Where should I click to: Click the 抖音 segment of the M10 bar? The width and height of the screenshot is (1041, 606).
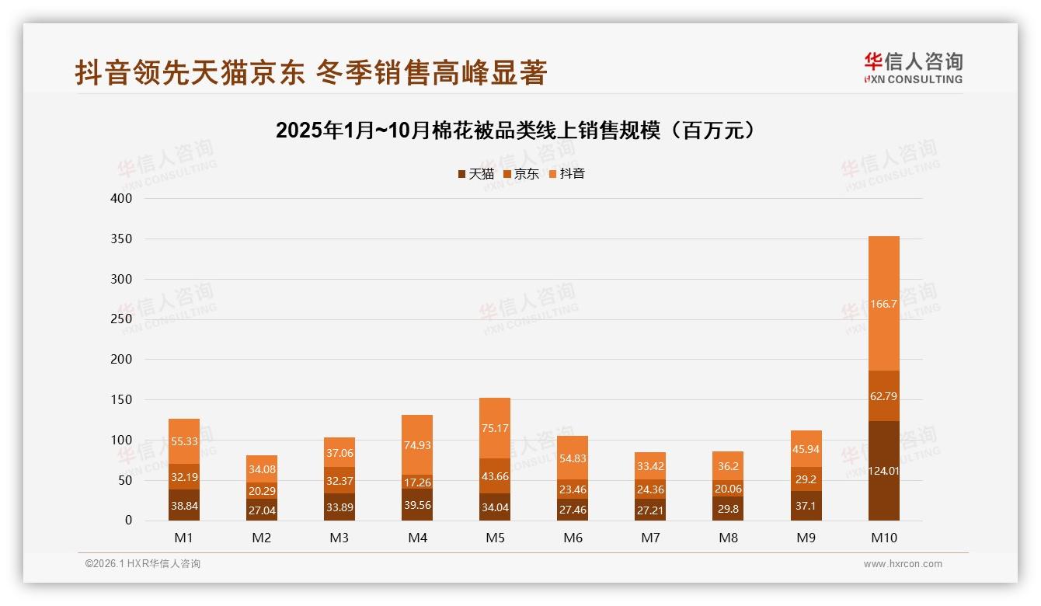coord(883,304)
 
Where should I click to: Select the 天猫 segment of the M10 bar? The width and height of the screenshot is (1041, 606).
coord(883,471)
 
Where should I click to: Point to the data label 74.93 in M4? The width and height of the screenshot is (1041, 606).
coord(417,445)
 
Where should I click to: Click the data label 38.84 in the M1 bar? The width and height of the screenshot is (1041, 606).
coord(184,505)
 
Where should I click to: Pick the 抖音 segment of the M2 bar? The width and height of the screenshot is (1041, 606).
coord(262,468)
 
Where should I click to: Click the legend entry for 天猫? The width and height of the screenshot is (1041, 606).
coord(475,174)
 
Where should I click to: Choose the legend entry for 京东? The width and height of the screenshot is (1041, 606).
coord(520,174)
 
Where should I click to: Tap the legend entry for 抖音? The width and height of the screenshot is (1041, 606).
coord(566,174)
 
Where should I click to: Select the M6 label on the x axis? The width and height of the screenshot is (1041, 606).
coord(573,538)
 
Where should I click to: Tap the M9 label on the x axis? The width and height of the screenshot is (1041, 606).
coord(806,538)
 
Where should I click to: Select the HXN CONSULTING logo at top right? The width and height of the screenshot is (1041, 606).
coord(913,68)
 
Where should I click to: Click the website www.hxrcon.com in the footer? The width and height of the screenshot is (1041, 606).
coord(902,564)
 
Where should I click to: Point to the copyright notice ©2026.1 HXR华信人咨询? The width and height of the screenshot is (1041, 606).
coord(143,564)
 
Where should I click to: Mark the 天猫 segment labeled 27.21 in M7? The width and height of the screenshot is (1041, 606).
coord(650,510)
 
